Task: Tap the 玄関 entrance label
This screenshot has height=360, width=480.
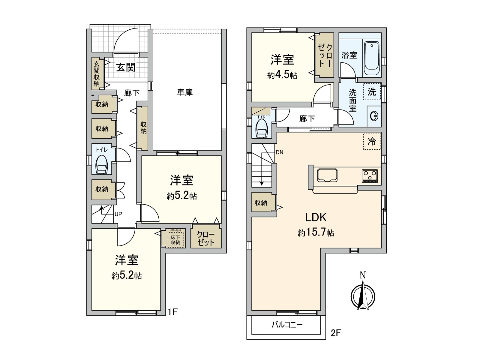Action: point(126,67)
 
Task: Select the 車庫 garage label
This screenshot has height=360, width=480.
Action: point(184,92)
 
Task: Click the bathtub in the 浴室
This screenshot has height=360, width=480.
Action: point(372,59)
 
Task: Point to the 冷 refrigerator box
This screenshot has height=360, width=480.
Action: point(372,141)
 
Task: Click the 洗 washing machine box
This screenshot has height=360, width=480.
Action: point(372,91)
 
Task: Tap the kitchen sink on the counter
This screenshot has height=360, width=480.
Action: point(327,175)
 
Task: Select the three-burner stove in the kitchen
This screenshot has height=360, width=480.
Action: point(370,176)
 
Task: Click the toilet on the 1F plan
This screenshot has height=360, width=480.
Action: point(102,164)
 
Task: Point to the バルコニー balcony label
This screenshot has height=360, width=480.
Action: point(287,325)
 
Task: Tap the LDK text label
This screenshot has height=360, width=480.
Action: point(316,217)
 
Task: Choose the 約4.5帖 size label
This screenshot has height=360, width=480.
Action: point(282,75)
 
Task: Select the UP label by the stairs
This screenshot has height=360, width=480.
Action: point(118,214)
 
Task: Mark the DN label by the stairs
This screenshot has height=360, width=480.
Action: point(279,152)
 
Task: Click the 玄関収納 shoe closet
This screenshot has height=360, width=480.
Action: point(96,73)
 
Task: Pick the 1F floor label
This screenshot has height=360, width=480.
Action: point(173,313)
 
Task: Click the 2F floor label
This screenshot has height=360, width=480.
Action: point(336,333)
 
